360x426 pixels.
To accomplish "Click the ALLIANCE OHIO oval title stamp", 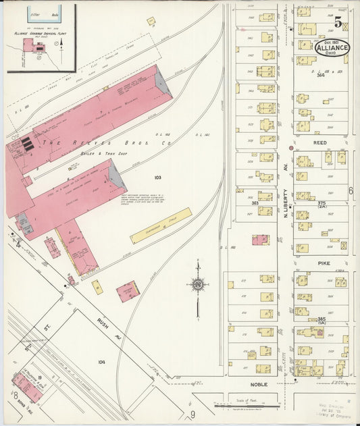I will point(334,48).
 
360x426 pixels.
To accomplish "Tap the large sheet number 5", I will point(337,22).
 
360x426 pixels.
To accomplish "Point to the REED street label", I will point(319,143).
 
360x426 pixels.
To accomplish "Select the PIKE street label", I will point(319,257).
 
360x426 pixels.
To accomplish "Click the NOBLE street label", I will point(259,384).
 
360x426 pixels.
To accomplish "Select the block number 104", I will point(101,362).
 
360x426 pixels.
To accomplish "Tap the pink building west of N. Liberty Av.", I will point(261,239).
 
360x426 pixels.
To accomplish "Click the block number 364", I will point(319,76).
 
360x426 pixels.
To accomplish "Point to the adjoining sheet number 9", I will point(192,413).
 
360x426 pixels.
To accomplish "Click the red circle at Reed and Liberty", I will point(291,147).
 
